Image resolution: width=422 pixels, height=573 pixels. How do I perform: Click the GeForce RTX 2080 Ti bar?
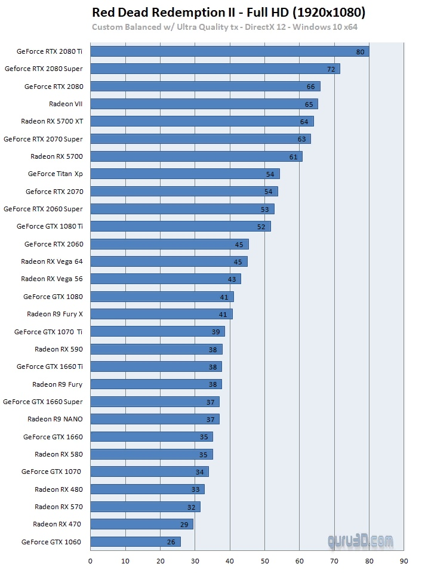point(229,51)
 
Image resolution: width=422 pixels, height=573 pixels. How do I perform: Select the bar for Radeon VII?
point(204,104)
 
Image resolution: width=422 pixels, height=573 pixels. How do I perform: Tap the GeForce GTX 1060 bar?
point(135,542)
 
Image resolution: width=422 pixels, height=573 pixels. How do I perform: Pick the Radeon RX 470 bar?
point(142,525)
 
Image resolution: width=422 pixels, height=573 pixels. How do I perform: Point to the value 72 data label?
point(331,69)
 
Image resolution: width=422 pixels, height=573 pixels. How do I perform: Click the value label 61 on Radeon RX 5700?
point(294,157)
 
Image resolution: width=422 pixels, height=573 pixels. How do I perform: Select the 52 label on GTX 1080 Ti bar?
point(261,227)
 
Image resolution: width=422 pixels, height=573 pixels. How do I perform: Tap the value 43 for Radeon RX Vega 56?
point(232,279)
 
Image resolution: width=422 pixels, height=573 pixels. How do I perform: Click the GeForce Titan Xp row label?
point(56,174)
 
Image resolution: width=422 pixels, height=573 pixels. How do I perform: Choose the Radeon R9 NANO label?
point(55,419)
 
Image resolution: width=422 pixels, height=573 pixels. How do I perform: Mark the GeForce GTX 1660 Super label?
point(43,402)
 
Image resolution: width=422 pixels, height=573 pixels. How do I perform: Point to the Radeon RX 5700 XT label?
point(52,121)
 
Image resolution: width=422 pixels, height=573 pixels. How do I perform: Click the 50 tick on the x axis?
point(264,561)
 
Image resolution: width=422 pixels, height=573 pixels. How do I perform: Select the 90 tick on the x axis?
point(403,561)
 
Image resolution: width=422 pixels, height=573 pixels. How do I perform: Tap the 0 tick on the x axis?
point(90,561)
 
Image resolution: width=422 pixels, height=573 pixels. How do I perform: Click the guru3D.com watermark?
point(361,541)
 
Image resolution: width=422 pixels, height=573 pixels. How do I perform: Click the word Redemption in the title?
point(193,13)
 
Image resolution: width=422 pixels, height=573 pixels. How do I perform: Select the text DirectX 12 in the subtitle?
point(265,27)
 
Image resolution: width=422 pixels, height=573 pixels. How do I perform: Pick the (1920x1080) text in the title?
point(329,13)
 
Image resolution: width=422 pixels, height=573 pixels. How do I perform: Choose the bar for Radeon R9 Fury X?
point(162,315)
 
